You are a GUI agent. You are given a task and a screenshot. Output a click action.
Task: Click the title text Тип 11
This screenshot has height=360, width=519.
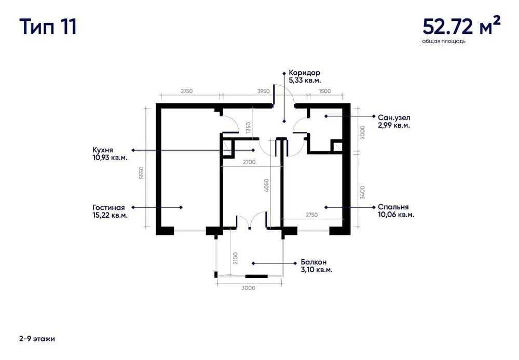coord(48,26)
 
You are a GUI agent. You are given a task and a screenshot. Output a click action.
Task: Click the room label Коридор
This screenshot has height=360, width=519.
coord(304,73)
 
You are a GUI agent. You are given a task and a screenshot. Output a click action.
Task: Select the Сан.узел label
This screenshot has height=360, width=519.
coord(394,118)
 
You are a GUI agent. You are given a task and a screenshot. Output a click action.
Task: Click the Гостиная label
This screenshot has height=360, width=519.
coord(110,207)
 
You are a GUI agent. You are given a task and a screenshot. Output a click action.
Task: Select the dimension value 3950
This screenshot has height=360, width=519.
coord(263,91)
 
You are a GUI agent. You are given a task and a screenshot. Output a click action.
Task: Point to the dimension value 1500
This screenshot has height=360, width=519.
coord(325,91)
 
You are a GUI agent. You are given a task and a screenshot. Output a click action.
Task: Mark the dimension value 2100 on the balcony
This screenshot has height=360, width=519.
coord(235,258)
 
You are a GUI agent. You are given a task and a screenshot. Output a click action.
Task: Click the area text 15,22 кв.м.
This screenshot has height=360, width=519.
coord(110,215)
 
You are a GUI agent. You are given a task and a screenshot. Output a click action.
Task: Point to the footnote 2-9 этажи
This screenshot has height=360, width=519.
coord(36,339)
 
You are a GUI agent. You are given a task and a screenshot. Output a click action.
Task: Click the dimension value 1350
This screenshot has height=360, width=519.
coord(249,127)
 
